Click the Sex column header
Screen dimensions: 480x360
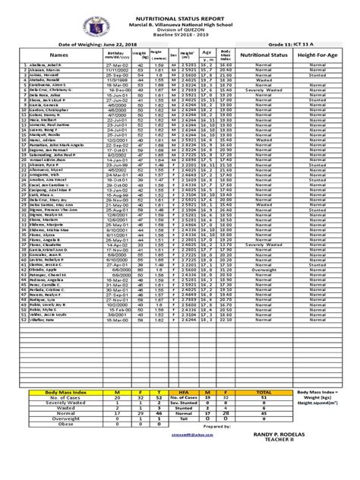click(x=174, y=55)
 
